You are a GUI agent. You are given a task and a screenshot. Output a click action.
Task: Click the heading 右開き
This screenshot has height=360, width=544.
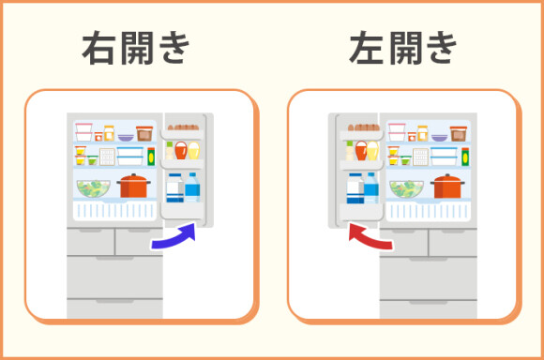(136, 50)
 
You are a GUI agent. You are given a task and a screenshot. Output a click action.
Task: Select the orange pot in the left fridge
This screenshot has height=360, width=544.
(135, 185)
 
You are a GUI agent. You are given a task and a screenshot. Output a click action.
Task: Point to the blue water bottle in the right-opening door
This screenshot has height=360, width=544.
(192, 187)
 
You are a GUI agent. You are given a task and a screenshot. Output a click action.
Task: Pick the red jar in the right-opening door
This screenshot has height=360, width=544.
(181, 150)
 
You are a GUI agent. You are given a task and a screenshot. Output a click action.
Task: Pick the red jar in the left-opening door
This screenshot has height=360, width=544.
(360, 150)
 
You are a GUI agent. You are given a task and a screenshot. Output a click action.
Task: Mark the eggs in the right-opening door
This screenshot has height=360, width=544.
(187, 125)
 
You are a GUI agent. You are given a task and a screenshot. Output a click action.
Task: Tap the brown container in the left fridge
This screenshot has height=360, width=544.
(144, 133)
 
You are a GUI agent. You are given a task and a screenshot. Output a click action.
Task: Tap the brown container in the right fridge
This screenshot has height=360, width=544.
(458, 133)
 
